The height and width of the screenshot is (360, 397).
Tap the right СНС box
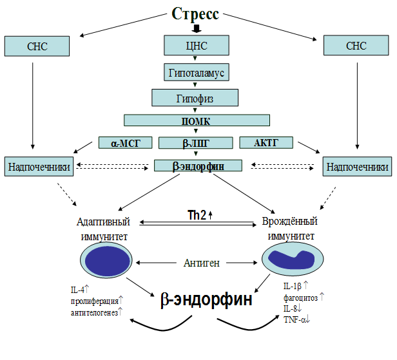coord(356,46)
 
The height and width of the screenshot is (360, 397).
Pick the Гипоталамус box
coord(196,73)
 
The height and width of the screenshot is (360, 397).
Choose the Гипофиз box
coord(195,98)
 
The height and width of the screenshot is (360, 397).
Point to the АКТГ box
coord(266,142)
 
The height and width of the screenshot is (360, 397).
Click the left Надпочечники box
coord(39,166)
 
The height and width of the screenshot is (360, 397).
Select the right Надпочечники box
coord(357,166)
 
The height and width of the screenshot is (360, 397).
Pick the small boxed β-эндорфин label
coord(198,166)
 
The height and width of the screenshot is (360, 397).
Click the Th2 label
coord(197,215)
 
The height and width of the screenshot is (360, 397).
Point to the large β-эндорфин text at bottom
coord(206,300)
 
